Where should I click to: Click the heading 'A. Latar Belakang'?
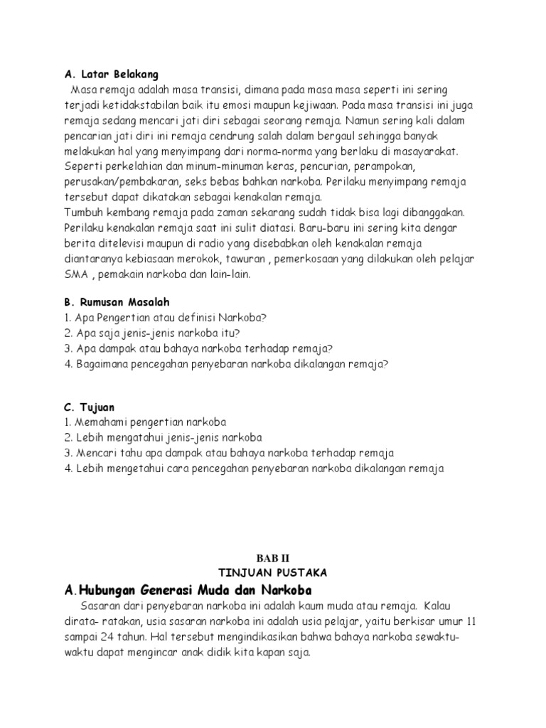pyautogui.click(x=112, y=74)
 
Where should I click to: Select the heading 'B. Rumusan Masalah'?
pyautogui.click(x=117, y=302)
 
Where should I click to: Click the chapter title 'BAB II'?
pyautogui.click(x=272, y=560)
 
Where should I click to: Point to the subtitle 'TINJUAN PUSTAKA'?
pyautogui.click(x=272, y=573)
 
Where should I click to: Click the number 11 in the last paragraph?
pyautogui.click(x=469, y=622)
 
